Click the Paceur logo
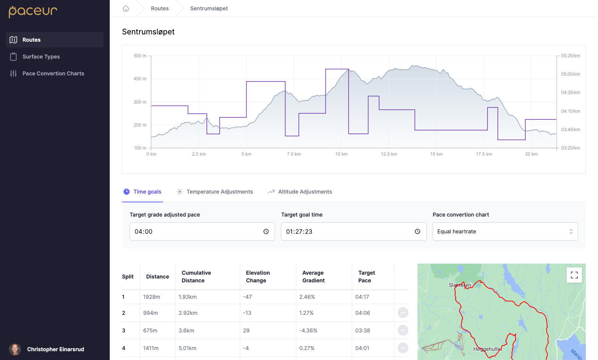[33, 11]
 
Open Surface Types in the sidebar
[41, 57]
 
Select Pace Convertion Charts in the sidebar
[53, 73]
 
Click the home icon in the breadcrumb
[126, 8]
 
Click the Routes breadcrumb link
[159, 8]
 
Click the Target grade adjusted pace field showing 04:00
[195, 231]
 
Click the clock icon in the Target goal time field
[418, 231]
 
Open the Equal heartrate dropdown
[505, 231]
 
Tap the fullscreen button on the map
[574, 275]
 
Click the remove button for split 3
[403, 330]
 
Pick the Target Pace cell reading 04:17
[362, 297]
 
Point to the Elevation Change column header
[258, 277]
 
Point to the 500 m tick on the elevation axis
[140, 56]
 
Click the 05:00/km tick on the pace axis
[570, 74]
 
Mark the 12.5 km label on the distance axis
[389, 154]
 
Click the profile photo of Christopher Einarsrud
[15, 349]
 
